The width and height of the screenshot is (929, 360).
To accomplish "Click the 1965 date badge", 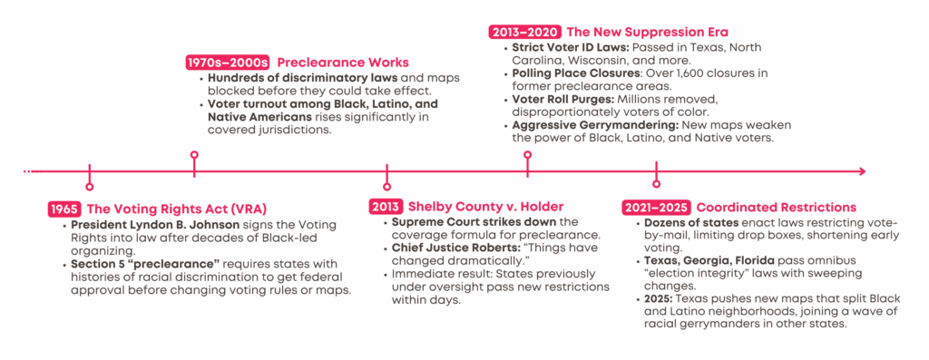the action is point(64,209).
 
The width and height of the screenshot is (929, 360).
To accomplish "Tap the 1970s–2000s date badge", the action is point(228,63).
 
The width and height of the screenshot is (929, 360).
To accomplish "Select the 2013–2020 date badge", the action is point(525,32).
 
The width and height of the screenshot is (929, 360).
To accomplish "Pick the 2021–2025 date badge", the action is point(657,208).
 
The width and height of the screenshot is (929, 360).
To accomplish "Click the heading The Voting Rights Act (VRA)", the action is point(177,209).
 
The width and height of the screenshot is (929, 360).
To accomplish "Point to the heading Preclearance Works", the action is point(343,63).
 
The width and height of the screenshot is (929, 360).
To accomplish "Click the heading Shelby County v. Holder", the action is point(485,207).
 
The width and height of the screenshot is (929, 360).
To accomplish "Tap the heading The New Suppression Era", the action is point(648,32).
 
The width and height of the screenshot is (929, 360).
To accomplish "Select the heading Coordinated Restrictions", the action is point(777,208).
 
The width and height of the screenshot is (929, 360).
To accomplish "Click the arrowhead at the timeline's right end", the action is point(862,171).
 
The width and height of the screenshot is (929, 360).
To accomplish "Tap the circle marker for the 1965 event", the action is point(89,187).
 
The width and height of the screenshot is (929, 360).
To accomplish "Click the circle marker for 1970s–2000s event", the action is point(194,155).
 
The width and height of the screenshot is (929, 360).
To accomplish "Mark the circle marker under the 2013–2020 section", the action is point(527,155).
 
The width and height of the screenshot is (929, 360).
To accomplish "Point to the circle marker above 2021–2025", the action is point(656,184).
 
